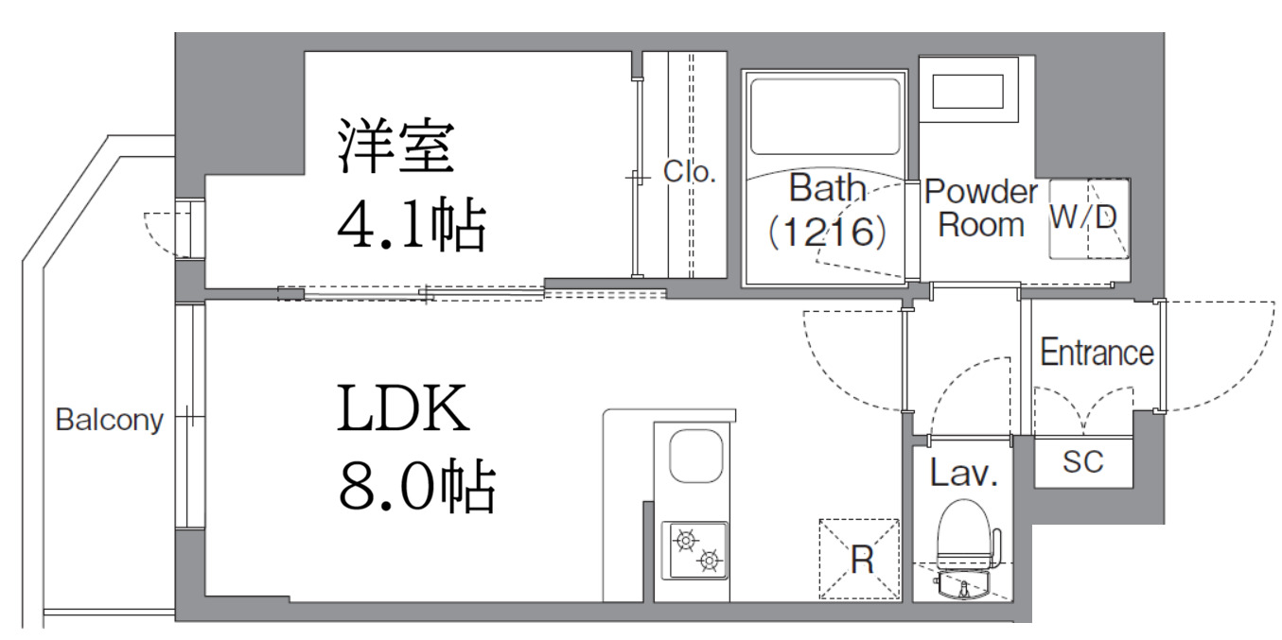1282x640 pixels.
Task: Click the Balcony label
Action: pyautogui.click(x=109, y=419)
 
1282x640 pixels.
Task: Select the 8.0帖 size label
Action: pyautogui.click(x=415, y=487)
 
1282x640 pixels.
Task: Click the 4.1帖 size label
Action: pyautogui.click(x=411, y=226)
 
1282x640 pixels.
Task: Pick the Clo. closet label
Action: pyautogui.click(x=690, y=172)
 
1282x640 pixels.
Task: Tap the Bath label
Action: pyautogui.click(x=827, y=189)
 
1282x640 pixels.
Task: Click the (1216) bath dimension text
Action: pyautogui.click(x=827, y=230)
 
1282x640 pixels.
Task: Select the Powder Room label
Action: pyautogui.click(x=980, y=208)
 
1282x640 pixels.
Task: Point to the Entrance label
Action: pyautogui.click(x=1097, y=353)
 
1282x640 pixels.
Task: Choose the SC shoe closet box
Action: pyautogui.click(x=1083, y=462)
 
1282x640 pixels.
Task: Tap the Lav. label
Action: pyautogui.click(x=963, y=473)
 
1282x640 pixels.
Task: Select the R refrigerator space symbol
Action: pyautogui.click(x=859, y=559)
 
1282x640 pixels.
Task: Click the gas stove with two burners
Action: pyautogui.click(x=694, y=550)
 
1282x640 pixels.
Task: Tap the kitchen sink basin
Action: pyautogui.click(x=695, y=457)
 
